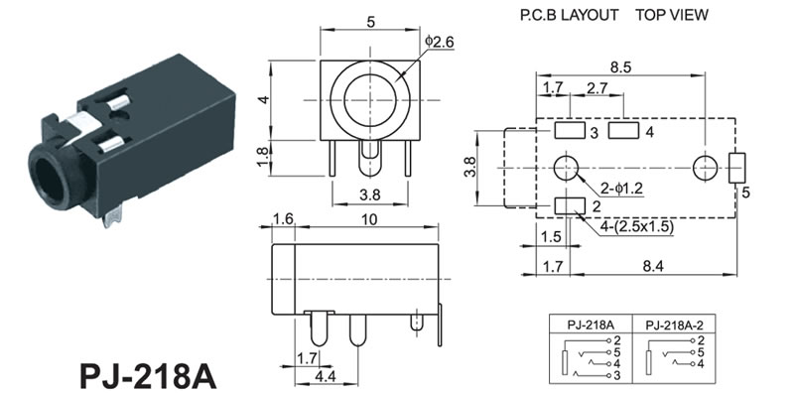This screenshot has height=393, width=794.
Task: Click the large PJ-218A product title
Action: [x=148, y=376]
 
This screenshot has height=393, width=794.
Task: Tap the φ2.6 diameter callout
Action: [x=440, y=42]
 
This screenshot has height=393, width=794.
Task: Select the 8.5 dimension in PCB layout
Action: [x=620, y=67]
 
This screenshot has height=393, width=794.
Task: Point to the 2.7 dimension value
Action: [x=597, y=88]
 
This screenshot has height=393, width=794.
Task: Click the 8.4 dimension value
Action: [x=653, y=266]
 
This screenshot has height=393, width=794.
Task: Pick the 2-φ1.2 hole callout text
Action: [x=621, y=189]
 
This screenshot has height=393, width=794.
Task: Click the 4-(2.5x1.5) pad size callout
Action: [x=636, y=227]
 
